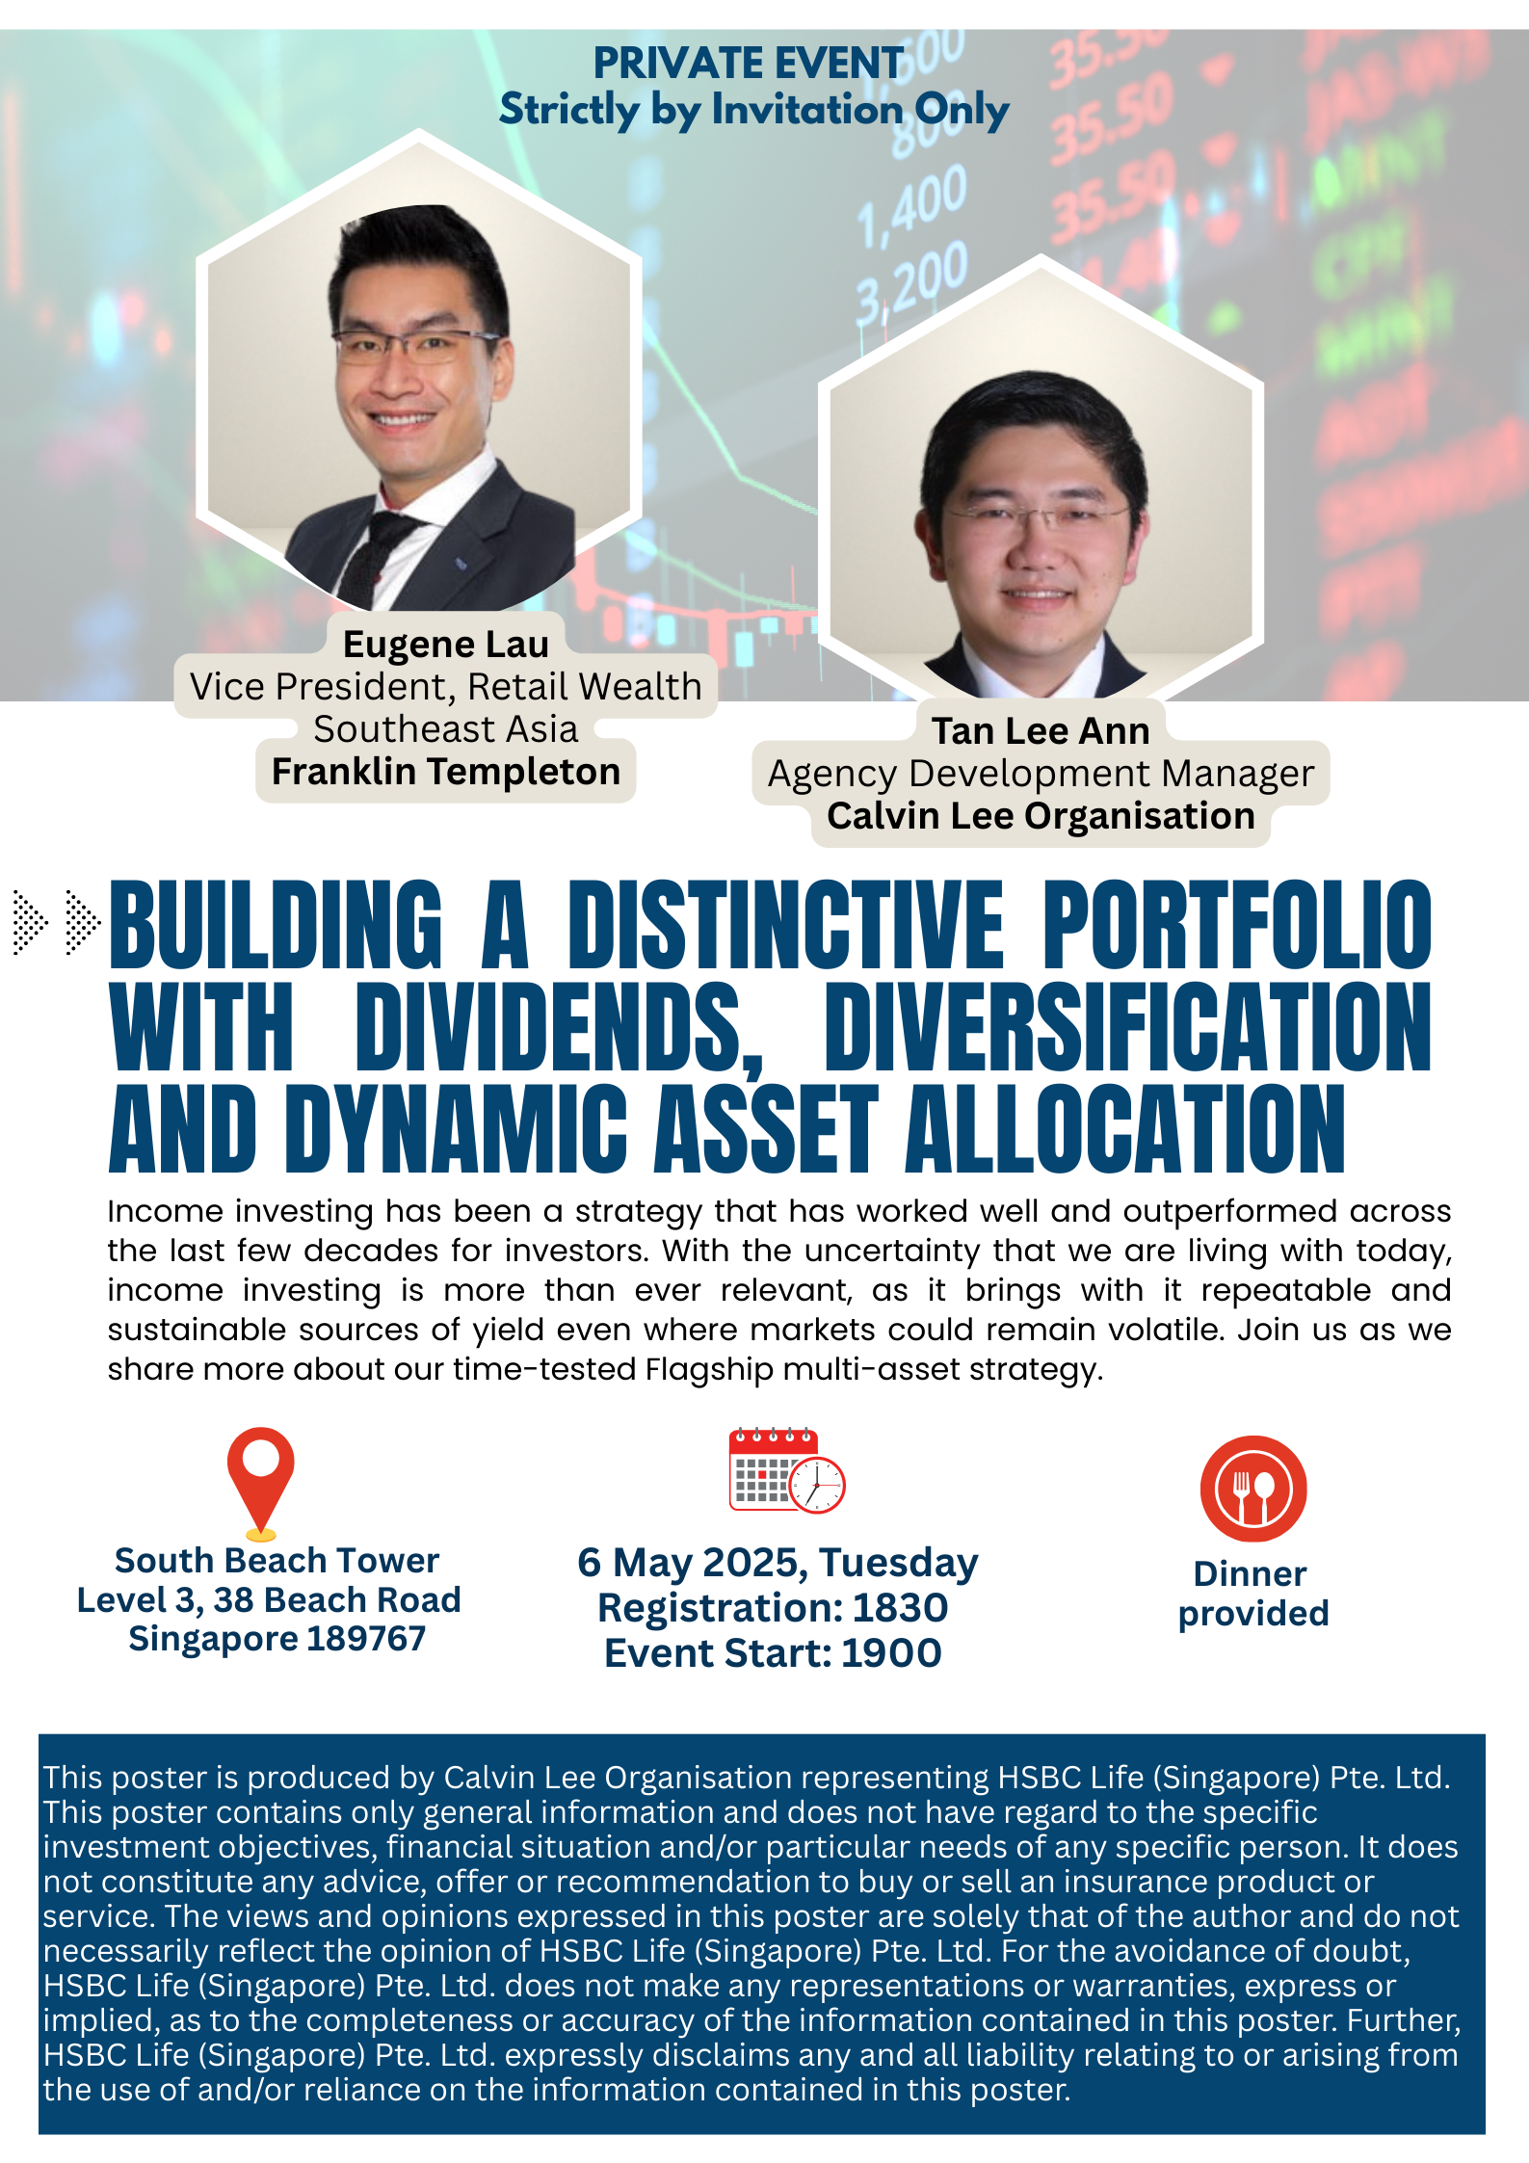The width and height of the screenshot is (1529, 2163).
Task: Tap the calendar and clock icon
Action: [786, 1470]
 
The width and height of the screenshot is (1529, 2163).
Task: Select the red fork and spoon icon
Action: [1252, 1489]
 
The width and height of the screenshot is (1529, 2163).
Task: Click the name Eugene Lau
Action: [446, 644]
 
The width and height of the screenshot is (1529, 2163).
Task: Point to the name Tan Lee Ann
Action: [1041, 731]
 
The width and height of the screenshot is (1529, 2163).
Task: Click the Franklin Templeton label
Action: [446, 772]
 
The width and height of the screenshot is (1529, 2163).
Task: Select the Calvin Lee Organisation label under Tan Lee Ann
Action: [1041, 816]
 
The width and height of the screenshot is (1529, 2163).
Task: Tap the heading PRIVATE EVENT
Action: [749, 64]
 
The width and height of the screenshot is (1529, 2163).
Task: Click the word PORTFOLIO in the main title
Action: [1238, 924]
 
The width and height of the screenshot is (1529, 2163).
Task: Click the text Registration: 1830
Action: [773, 1608]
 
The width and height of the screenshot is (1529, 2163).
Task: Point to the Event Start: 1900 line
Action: [773, 1653]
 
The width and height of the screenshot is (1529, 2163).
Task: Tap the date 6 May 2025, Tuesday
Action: [778, 1564]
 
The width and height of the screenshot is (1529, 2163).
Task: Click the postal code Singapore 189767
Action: [277, 1639]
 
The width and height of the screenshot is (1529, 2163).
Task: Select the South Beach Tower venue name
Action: [277, 1560]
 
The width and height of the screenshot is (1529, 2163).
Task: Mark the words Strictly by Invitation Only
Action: [753, 110]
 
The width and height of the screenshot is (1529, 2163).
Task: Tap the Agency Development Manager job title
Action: [1041, 774]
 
